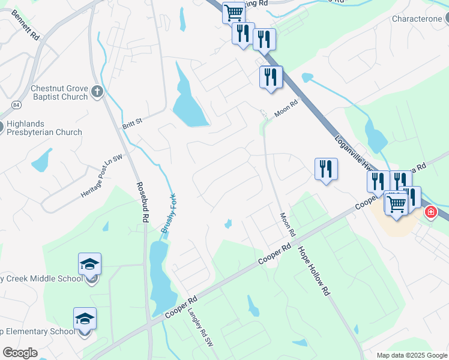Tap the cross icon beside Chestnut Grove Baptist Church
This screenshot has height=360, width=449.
97,92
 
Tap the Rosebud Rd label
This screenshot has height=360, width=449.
142,203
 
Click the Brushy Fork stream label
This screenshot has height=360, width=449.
167,214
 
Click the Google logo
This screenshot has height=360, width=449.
20,353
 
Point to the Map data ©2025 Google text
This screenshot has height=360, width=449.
411,355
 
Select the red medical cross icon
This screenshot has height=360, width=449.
430,212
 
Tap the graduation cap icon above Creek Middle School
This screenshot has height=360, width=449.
89,263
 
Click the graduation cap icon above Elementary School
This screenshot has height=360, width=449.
85,318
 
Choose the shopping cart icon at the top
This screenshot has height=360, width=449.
234,11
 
